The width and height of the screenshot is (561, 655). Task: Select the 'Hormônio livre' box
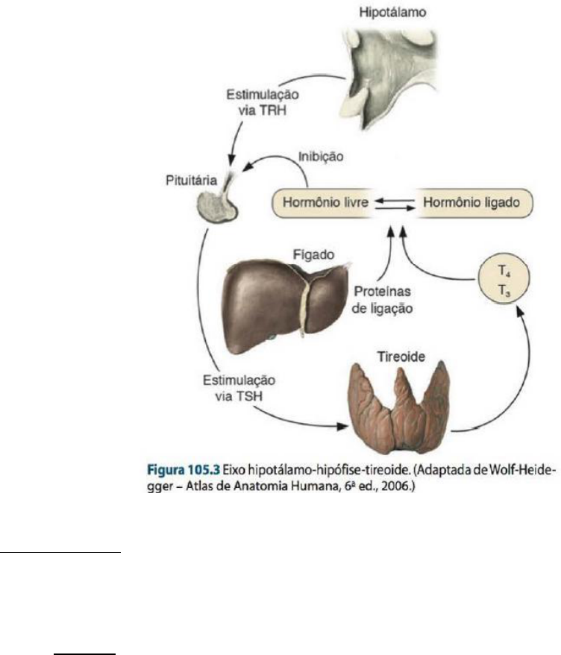click(322, 201)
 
